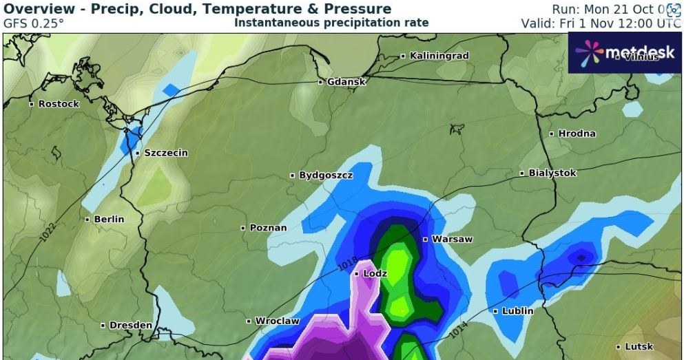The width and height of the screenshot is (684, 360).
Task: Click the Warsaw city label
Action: coord(452,240)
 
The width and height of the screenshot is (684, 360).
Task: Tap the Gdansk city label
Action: coord(346,81)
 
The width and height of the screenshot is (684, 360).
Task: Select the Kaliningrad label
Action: coord(439,55)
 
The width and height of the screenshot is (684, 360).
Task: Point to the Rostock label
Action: coord(59,104)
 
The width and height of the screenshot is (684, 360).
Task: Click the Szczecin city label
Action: coord(165,153)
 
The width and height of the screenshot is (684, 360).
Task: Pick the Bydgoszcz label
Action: coord(325,176)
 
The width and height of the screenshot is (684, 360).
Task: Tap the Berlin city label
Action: coord(109,219)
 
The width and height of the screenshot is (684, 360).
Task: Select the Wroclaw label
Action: coord(277,321)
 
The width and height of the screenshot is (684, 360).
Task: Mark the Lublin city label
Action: coord(517,311)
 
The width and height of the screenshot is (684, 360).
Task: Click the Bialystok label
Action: coord(552,173)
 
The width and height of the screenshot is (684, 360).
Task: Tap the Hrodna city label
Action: coord(577,134)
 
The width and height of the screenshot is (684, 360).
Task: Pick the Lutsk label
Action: coord(638,346)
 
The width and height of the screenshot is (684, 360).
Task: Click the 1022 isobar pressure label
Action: coord(48,231)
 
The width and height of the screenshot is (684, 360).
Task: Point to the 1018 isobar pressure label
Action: coord(349,262)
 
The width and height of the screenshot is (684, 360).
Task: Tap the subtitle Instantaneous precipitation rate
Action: coord(331,23)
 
